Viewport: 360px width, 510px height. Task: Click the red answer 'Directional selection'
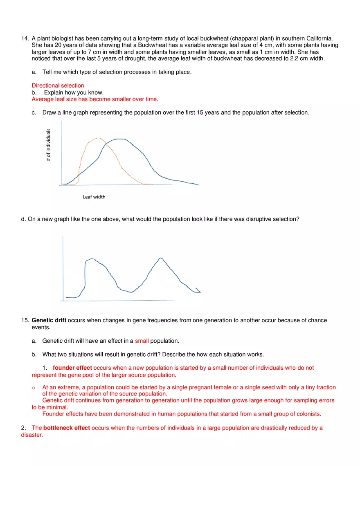(x=58, y=85)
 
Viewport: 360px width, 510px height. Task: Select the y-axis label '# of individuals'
(x=49, y=145)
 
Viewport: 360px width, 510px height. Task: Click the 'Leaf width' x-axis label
(x=94, y=197)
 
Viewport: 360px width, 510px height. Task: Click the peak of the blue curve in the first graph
(x=119, y=139)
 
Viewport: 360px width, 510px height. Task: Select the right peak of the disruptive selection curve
(x=161, y=258)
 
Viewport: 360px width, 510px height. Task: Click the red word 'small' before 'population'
(x=142, y=341)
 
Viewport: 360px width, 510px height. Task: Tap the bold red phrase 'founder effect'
(x=72, y=368)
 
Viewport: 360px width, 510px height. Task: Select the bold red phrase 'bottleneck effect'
(x=67, y=428)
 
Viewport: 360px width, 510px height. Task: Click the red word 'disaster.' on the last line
(x=32, y=435)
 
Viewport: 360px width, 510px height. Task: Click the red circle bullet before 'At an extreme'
(x=34, y=388)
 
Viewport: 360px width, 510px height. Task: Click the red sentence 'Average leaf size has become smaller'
(x=94, y=99)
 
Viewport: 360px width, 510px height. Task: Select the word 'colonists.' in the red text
(x=308, y=413)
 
